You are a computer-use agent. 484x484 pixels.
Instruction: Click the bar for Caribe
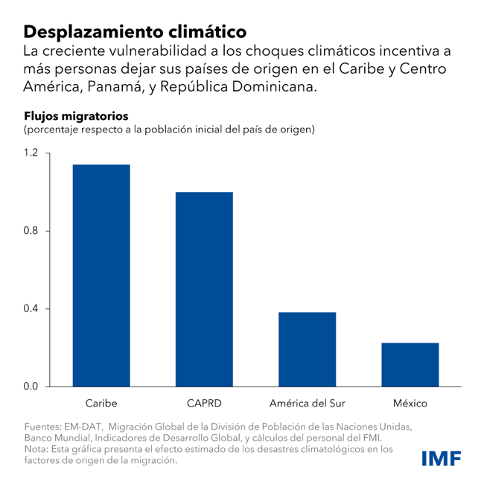[101, 276]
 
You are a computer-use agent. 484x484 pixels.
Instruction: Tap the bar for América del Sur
[308, 349]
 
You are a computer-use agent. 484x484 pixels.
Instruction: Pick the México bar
[410, 365]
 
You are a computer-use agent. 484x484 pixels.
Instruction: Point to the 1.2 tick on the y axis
[31, 153]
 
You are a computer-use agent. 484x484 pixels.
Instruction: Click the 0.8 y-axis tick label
[31, 231]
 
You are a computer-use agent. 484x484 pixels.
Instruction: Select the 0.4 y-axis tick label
[31, 309]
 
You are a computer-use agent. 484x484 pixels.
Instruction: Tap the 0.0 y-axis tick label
[31, 386]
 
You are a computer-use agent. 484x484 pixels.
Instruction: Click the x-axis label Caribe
[101, 404]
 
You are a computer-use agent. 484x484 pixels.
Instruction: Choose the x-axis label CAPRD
[204, 404]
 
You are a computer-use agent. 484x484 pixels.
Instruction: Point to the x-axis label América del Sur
[308, 404]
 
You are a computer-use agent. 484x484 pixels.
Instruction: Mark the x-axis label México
[410, 404]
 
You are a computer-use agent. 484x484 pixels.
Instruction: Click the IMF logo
[441, 458]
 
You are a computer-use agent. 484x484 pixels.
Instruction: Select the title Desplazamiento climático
[135, 32]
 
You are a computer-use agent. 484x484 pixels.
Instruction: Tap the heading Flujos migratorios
[77, 116]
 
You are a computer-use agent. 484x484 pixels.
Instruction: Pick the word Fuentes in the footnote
[41, 427]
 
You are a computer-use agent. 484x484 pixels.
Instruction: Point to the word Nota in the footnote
[35, 449]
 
